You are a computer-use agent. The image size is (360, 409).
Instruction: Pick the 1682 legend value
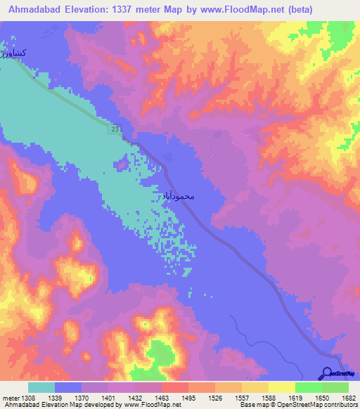point(349,398)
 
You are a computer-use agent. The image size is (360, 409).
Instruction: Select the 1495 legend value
point(188,398)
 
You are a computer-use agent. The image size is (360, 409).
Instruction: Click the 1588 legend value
point(268,398)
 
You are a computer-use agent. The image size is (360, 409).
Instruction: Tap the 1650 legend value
point(322,398)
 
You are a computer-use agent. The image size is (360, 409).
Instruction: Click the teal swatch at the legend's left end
point(41,387)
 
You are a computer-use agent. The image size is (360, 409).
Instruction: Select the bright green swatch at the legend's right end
point(335,387)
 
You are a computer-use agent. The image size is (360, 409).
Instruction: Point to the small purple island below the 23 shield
point(122,164)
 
